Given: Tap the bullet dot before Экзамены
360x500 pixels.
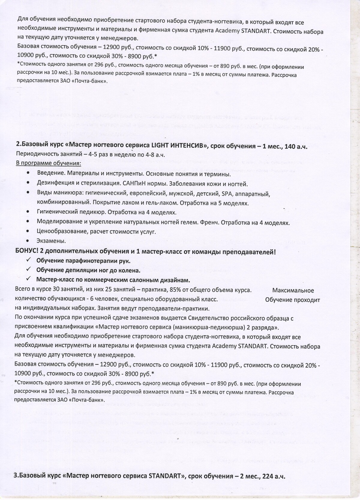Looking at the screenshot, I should [28, 241].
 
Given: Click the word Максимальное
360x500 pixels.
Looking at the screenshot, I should [293, 290].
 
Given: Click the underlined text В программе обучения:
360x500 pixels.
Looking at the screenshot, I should [48, 164].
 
